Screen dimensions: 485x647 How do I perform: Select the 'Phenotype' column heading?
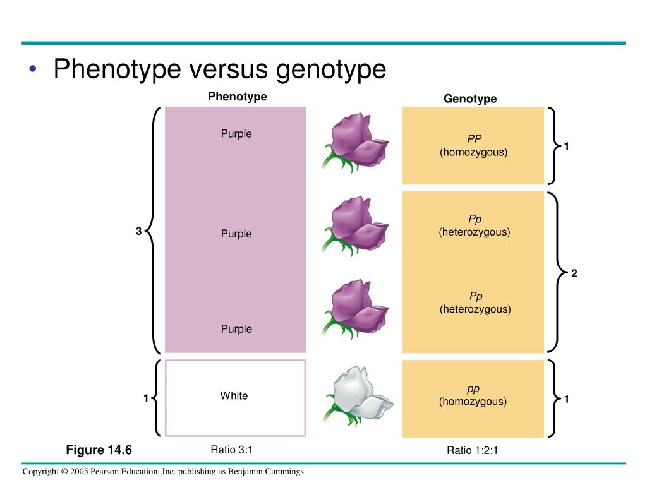click(238, 97)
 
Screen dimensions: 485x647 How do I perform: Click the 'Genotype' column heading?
click(470, 99)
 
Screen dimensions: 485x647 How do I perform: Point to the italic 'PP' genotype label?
click(475, 139)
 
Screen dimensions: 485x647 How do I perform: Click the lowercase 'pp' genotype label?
click(473, 388)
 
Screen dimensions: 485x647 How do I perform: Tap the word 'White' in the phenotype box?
click(234, 396)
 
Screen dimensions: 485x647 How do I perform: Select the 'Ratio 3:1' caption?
click(236, 450)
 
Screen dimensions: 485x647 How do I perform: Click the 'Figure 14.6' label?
click(99, 450)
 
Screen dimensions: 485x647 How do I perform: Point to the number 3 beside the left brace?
click(138, 232)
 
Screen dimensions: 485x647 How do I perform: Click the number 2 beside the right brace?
click(574, 273)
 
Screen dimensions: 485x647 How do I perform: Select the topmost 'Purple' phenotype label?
click(236, 134)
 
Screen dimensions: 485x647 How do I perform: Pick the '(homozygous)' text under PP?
click(474, 152)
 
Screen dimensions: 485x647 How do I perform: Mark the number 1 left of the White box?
click(145, 398)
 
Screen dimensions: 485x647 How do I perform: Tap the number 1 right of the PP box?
click(567, 147)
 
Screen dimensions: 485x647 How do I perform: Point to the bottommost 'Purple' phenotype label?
click(236, 329)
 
